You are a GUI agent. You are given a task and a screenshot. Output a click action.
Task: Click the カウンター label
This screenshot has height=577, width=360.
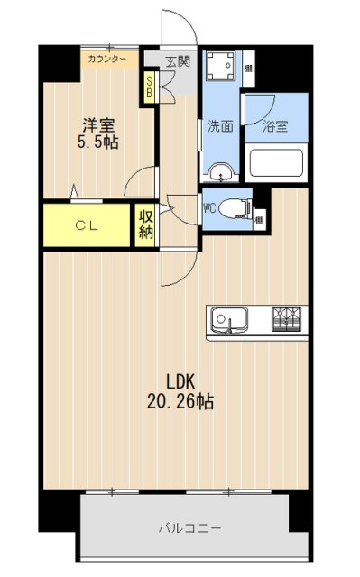tap(107, 60)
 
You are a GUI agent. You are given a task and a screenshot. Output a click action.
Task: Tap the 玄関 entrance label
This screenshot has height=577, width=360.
tap(178, 61)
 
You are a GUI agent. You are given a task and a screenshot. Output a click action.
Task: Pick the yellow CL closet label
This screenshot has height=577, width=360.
tap(87, 225)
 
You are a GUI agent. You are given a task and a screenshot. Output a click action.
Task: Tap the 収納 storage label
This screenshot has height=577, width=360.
tap(145, 225)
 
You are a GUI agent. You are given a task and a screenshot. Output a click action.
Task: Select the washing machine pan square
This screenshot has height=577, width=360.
tap(221, 68)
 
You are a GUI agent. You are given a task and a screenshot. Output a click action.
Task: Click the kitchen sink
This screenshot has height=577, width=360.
tap(229, 319)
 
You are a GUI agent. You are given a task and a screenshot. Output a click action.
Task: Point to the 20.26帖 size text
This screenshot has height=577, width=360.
tap(180, 400)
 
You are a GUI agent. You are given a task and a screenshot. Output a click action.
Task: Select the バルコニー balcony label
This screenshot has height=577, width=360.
tap(190, 527)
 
